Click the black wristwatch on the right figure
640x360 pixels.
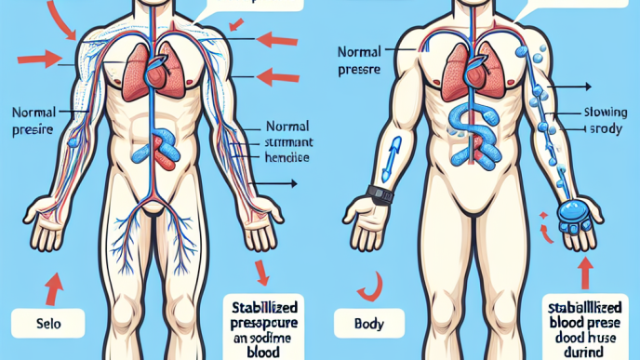coord(379,196)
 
